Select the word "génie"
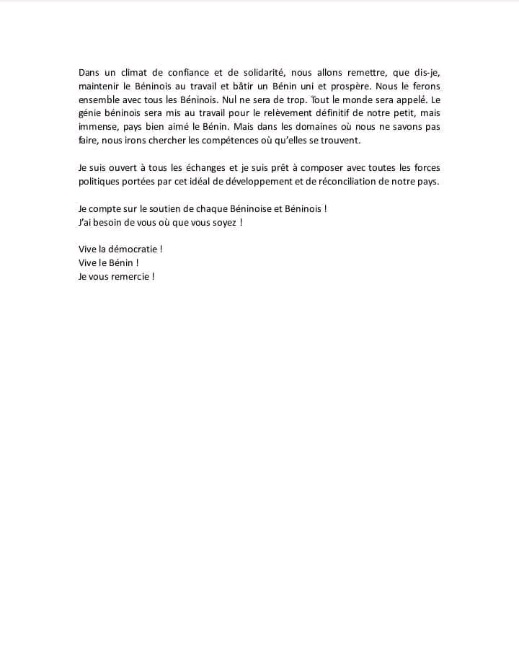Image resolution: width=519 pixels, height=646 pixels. click(x=91, y=113)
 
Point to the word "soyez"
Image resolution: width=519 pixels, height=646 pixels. click(x=219, y=222)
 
